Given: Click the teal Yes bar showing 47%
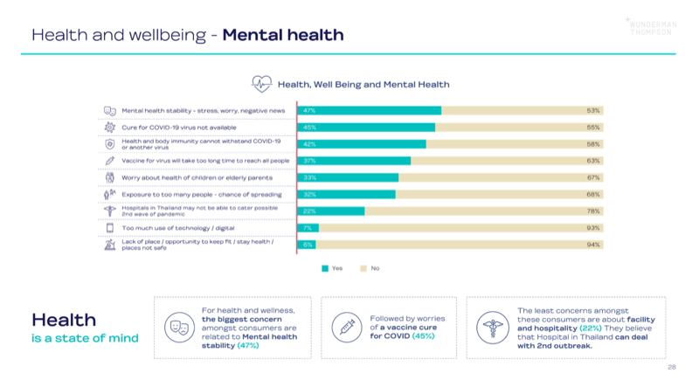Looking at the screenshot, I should (x=370, y=111).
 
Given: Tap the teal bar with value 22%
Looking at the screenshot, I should (x=331, y=211).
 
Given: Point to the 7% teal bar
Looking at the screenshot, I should (x=308, y=228).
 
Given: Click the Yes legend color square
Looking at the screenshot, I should (x=324, y=268).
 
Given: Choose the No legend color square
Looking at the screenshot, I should (x=364, y=268).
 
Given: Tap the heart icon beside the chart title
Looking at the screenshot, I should (x=262, y=85).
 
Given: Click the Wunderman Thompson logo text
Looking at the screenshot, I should (x=650, y=26).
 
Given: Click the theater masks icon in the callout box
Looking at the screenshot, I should (x=179, y=328).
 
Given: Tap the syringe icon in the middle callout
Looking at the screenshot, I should (x=346, y=328).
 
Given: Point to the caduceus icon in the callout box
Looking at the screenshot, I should (x=492, y=328).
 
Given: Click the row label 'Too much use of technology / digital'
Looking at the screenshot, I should (x=171, y=228).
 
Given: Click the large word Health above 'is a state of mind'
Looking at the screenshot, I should (x=64, y=321).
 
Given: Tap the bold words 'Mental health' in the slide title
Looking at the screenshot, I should (x=283, y=35).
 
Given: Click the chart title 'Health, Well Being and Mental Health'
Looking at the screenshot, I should (x=363, y=85).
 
